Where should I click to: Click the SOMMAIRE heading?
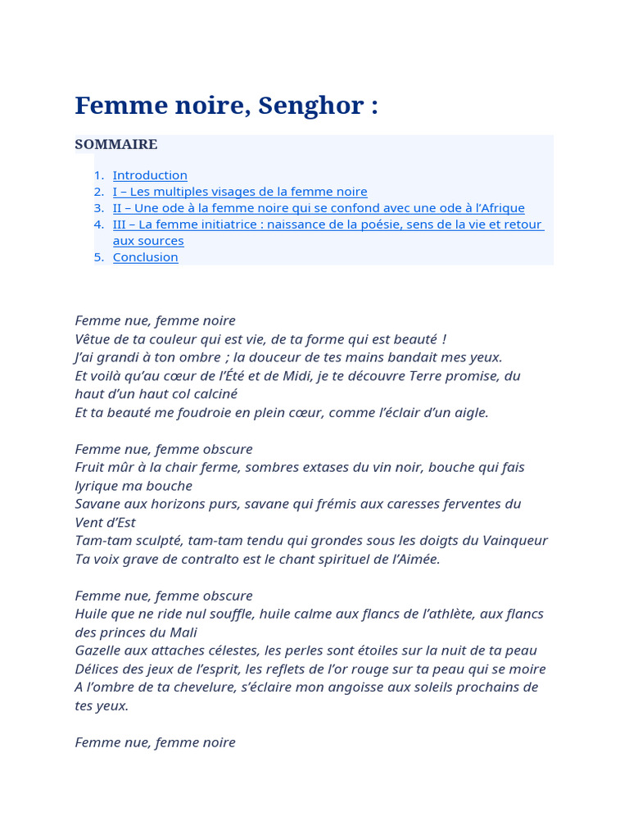click(x=115, y=145)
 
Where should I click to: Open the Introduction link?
click(x=150, y=175)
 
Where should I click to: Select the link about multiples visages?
click(x=240, y=192)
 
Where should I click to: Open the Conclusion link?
click(x=145, y=257)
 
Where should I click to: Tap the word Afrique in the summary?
click(x=500, y=208)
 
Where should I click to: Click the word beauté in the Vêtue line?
click(x=414, y=339)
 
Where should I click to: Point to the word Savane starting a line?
click(x=99, y=504)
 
